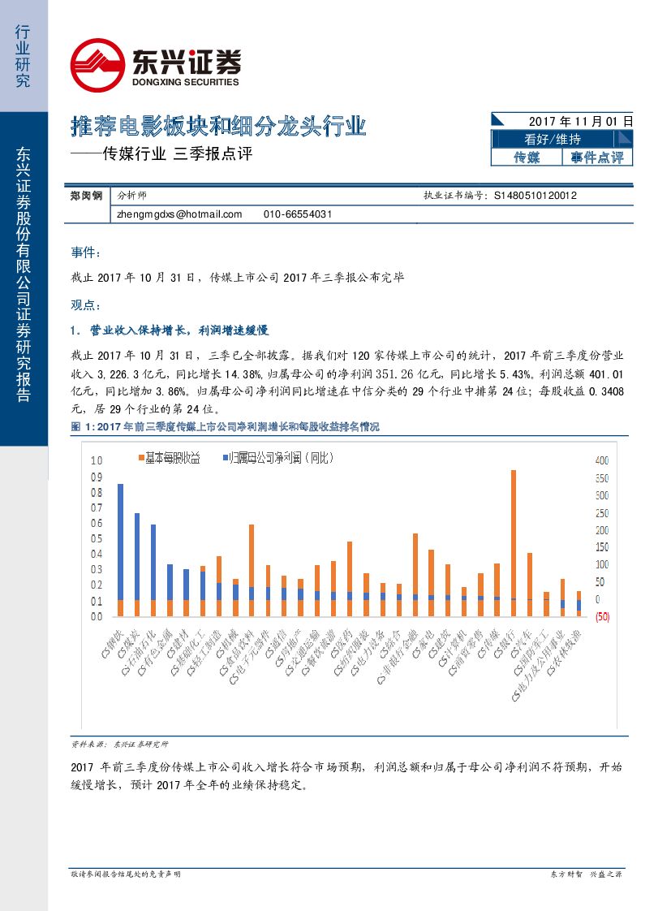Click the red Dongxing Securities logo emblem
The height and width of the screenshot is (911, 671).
tap(97, 65)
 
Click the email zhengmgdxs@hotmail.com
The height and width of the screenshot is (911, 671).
tap(179, 214)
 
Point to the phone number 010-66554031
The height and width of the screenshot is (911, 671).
tap(298, 214)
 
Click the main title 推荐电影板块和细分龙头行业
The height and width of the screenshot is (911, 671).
tap(219, 127)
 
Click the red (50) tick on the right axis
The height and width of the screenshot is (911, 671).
tap(602, 617)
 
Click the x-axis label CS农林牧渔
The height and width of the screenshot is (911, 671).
tap(561, 658)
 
